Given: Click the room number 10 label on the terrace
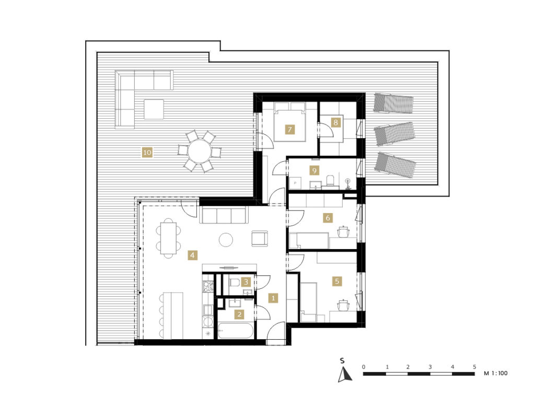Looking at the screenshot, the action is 147,152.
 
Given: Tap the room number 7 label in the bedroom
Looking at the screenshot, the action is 289,130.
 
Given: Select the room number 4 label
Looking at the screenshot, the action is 192,255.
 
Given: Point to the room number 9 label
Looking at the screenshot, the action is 314,170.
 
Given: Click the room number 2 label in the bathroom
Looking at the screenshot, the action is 239,314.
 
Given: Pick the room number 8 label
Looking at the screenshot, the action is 336,122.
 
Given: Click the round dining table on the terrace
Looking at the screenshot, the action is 200,151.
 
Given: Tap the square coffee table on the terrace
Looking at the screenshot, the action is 154,109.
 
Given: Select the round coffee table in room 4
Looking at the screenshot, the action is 226,239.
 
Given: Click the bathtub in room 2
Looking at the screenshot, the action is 235,331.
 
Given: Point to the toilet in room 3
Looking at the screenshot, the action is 235,282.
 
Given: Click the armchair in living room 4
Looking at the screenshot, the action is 260,238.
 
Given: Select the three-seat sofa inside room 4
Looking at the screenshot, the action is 224,215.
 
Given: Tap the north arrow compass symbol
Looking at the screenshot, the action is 345,374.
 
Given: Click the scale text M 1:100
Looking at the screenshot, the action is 496,373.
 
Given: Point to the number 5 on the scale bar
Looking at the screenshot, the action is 474,367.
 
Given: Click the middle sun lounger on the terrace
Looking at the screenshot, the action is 395,133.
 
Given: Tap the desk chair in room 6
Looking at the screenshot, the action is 344,231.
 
